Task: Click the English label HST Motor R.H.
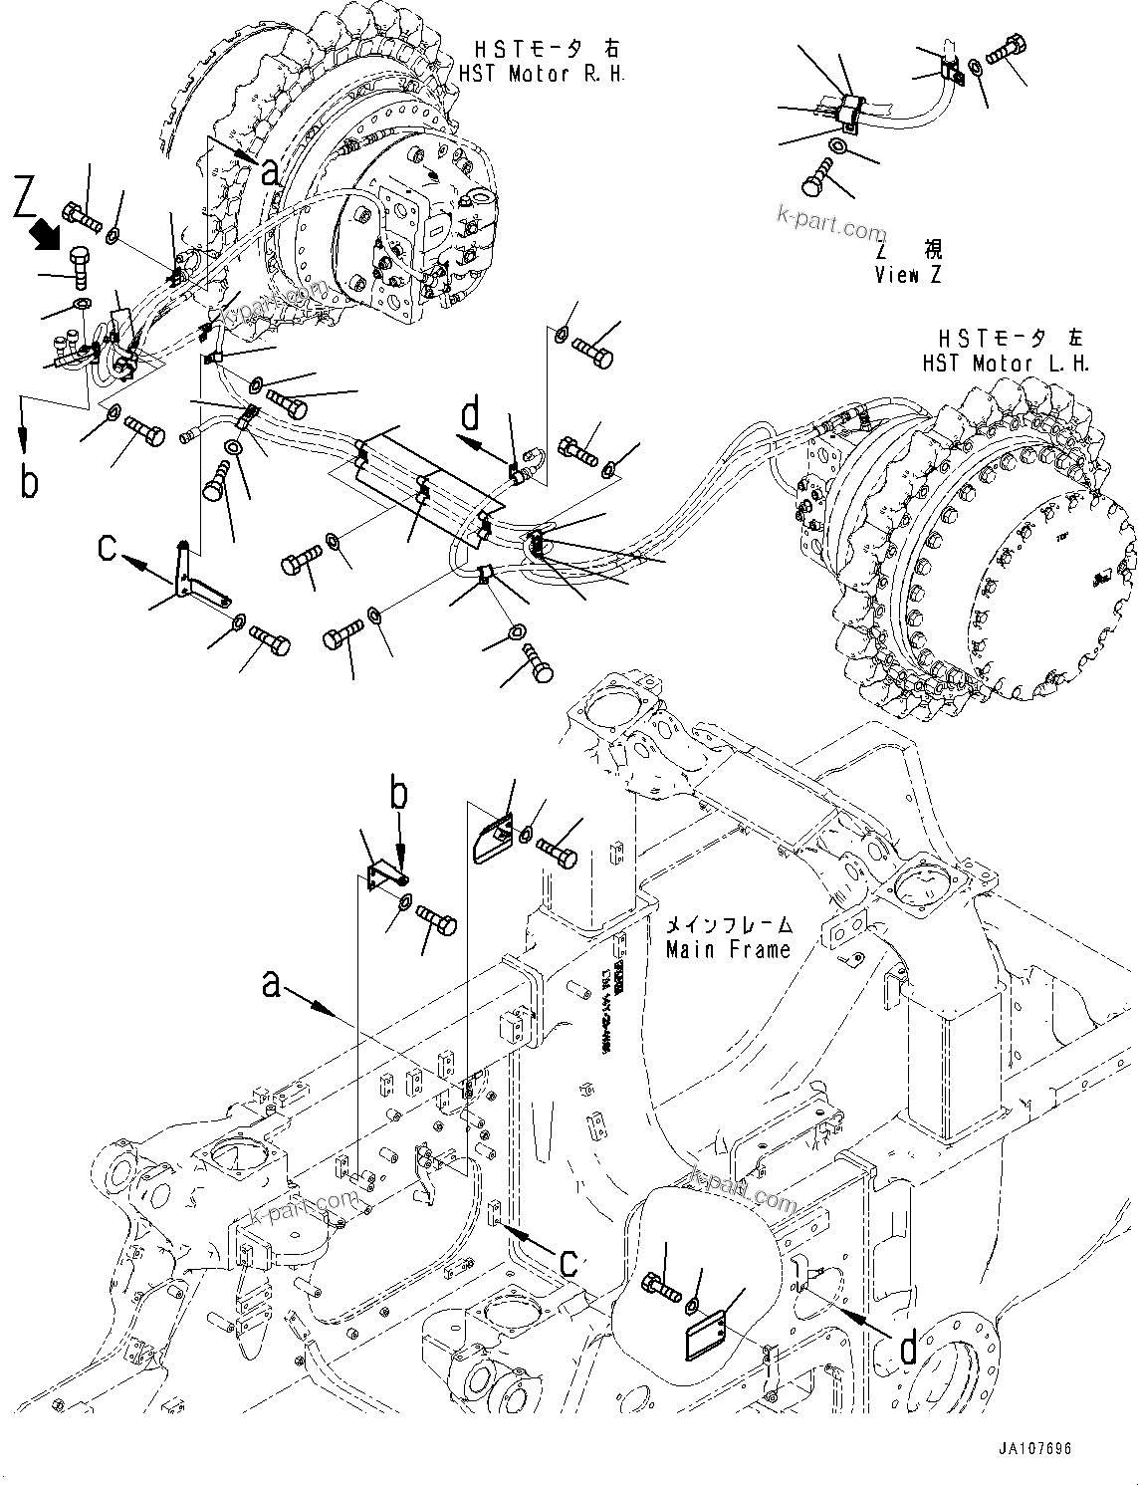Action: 542,74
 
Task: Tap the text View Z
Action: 907,275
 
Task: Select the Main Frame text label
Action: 728,949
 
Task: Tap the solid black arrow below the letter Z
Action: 46,237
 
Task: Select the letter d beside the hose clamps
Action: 471,413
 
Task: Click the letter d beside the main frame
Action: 907,1349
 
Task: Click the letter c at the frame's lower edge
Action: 568,1262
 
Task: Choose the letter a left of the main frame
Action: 270,984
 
